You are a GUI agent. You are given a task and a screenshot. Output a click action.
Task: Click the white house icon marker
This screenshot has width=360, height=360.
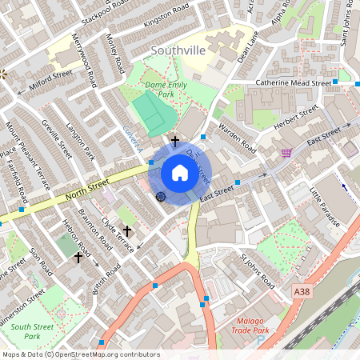(x=180, y=172)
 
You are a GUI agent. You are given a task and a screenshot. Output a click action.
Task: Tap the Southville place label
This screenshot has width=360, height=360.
(x=178, y=51)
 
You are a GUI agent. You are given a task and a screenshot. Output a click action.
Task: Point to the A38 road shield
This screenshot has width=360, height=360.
(x=302, y=292)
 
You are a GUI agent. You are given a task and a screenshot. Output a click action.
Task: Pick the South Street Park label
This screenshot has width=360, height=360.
(x=32, y=331)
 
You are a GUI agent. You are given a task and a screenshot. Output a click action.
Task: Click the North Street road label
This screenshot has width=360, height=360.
(x=87, y=189)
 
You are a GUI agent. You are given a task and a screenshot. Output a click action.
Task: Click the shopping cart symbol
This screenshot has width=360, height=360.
(x=286, y=152)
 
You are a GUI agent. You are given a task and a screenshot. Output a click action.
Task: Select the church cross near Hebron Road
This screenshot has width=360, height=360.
(x=78, y=258)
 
